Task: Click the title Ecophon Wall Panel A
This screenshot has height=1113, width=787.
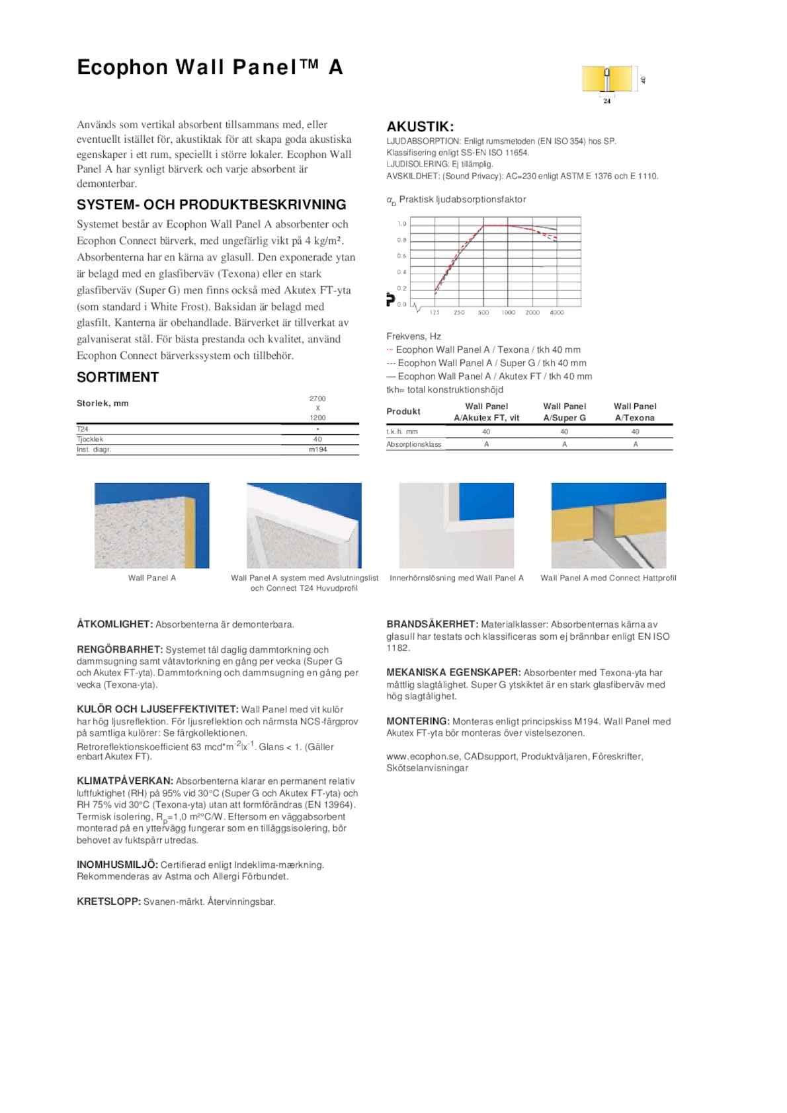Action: (210, 67)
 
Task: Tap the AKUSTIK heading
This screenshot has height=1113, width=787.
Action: (420, 127)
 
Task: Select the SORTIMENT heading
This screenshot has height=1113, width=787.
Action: (118, 377)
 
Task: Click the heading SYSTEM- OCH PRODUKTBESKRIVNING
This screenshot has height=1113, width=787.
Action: (212, 205)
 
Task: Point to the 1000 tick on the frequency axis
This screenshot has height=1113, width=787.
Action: (508, 313)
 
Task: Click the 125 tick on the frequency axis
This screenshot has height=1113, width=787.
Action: (435, 313)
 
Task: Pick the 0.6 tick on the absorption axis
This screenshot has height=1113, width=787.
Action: (401, 256)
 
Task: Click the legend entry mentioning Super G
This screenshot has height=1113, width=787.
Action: (487, 363)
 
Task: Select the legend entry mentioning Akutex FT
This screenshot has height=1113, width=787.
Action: (489, 376)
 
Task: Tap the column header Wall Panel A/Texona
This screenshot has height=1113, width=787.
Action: (635, 412)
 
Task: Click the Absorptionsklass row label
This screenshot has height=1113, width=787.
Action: (414, 445)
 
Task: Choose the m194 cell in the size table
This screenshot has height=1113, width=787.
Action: (317, 449)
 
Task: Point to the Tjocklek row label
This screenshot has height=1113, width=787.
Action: (90, 439)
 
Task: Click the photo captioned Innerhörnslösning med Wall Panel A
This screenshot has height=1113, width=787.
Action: (456, 525)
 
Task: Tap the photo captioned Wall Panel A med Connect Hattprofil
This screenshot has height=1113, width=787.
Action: (608, 525)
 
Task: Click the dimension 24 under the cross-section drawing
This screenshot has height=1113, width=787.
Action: (607, 101)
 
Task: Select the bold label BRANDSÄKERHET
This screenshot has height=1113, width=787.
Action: (432, 624)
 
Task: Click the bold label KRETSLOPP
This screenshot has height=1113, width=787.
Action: (108, 902)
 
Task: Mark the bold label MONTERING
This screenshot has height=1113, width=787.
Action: (418, 722)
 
